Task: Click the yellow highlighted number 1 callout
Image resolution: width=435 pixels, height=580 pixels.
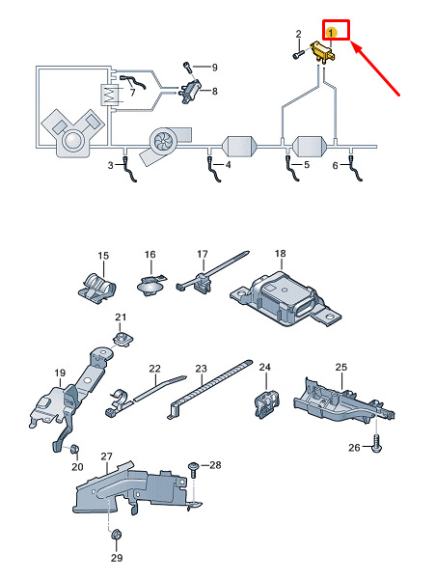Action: click(x=331, y=33)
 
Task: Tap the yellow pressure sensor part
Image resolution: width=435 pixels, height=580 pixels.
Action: click(x=323, y=52)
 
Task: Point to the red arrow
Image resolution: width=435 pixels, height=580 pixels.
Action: click(x=375, y=69)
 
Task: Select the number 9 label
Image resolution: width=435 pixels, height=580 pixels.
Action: click(x=215, y=68)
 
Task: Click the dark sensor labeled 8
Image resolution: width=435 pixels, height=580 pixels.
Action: click(x=191, y=91)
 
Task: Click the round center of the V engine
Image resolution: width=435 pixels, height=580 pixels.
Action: click(x=72, y=141)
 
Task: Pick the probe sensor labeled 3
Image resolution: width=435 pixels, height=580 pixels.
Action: click(x=129, y=170)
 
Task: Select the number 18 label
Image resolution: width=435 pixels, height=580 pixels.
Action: click(x=280, y=254)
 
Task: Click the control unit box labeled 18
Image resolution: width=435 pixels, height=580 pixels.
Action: click(x=285, y=299)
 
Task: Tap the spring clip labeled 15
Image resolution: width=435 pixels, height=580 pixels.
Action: click(x=97, y=288)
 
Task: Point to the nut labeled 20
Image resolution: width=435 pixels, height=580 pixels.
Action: click(x=74, y=449)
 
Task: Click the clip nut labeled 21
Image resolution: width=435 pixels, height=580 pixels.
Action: click(x=122, y=340)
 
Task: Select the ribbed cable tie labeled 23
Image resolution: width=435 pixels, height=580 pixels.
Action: click(x=209, y=389)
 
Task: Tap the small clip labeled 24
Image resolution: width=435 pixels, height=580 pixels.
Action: click(x=267, y=403)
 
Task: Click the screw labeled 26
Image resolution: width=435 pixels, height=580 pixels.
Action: click(x=376, y=444)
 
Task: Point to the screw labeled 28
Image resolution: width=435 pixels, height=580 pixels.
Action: click(x=194, y=469)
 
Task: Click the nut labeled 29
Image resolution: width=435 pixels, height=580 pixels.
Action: click(x=117, y=536)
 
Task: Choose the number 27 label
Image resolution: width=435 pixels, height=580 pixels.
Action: click(x=106, y=456)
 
